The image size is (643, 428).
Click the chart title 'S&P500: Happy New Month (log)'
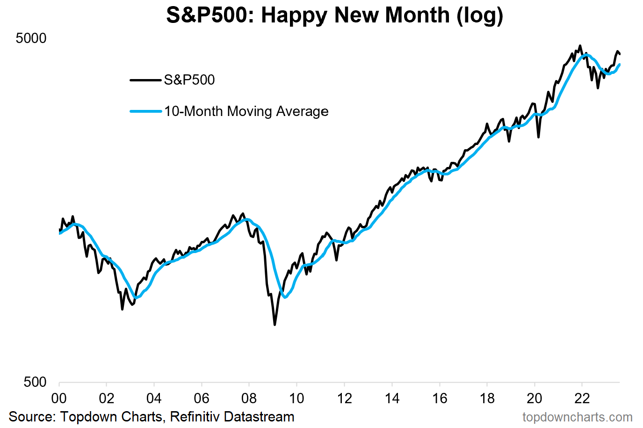coord(334,15)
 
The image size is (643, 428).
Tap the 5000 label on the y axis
coord(31,38)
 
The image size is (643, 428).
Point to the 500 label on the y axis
coord(36,382)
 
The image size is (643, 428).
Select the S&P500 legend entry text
coord(189,80)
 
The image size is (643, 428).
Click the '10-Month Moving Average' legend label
coord(246,111)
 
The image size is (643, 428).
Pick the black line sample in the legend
coord(145,80)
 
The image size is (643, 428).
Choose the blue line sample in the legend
coord(145,111)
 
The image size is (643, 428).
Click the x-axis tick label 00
coord(59,399)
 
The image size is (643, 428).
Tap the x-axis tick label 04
coord(154,399)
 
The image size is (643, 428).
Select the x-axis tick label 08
coord(249,399)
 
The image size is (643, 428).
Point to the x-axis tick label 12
coord(344,399)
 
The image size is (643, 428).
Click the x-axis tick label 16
coord(439,399)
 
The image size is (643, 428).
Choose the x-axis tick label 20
coord(534,399)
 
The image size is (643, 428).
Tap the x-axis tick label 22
coord(582,399)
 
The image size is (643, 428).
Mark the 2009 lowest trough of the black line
coord(275,324)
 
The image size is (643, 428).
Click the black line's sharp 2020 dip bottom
coord(539,137)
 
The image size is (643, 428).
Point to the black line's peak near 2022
coord(580,46)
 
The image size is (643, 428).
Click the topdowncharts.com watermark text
coord(577,417)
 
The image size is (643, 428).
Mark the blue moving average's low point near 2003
coord(137,297)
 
